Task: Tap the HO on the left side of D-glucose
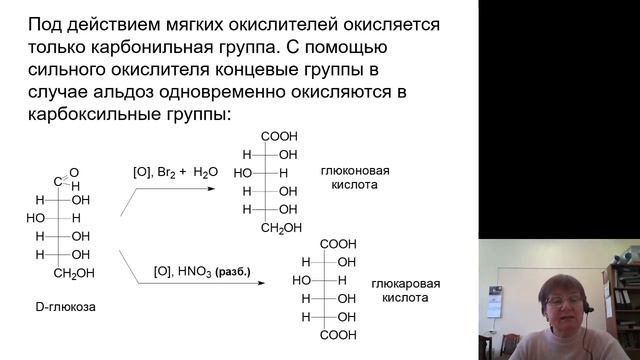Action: (36, 218)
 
